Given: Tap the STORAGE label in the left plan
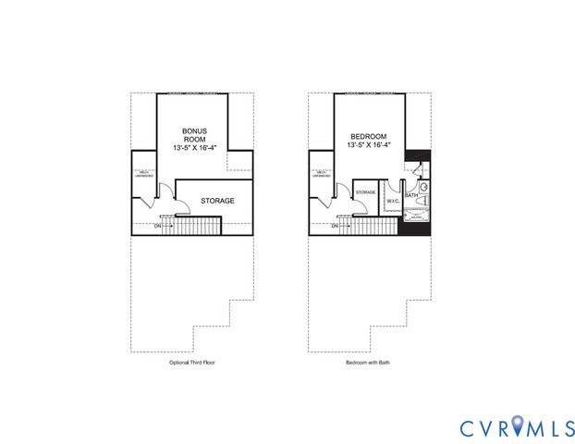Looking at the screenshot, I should pyautogui.click(x=216, y=201).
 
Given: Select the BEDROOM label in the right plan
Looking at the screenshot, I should pyautogui.click(x=367, y=136).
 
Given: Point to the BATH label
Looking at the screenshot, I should pyautogui.click(x=411, y=195).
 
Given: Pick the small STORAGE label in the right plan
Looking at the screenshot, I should pyautogui.click(x=366, y=192).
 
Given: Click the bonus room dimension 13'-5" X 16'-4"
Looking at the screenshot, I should pyautogui.click(x=193, y=148).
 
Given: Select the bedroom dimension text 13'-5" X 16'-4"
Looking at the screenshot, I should pyautogui.click(x=367, y=145).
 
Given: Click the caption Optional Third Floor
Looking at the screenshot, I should pyautogui.click(x=192, y=364).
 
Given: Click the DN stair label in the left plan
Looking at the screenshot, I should pyautogui.click(x=157, y=225).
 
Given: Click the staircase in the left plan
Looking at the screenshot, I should pyautogui.click(x=196, y=226).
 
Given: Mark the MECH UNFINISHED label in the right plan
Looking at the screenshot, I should pyautogui.click(x=321, y=173).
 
